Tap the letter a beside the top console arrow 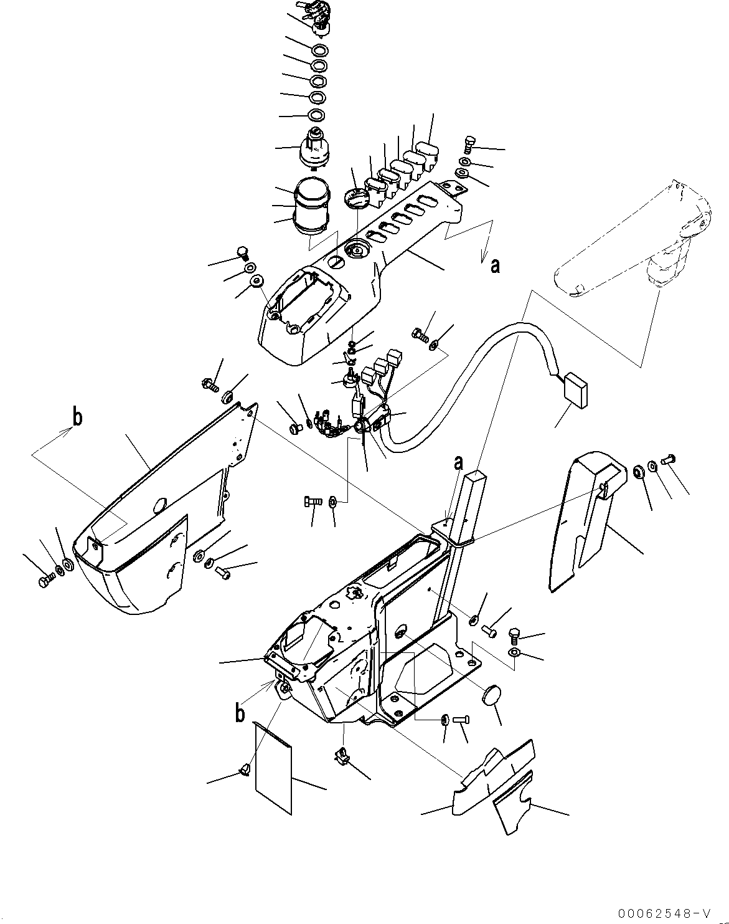[x=494, y=266]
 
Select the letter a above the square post [x=459, y=464]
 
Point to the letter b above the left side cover [x=77, y=417]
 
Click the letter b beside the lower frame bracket [x=240, y=713]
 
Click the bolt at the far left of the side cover [x=44, y=581]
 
